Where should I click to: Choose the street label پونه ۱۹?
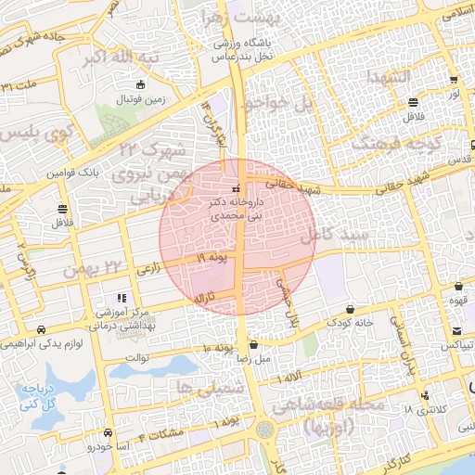tap(212, 256)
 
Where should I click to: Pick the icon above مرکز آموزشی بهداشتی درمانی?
tap(123, 298)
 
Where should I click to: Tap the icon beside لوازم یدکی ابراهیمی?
tap(41, 329)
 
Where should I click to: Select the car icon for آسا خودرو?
tap(110, 433)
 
